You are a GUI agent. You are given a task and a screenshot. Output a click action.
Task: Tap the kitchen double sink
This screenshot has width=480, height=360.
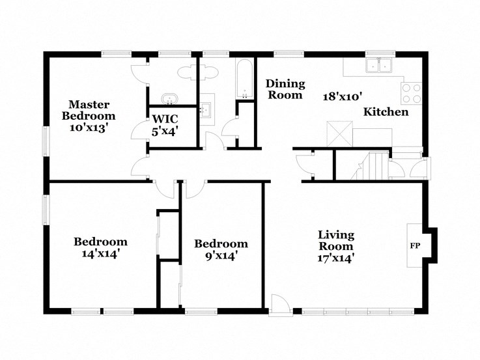pyautogui.click(x=378, y=64)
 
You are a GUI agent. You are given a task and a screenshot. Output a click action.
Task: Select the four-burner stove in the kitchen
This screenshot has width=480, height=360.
pyautogui.click(x=412, y=94)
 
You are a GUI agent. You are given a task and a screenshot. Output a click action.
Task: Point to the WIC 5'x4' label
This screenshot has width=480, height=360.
pyautogui.click(x=165, y=125)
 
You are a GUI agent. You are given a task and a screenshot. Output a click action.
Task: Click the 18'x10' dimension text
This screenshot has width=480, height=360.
pyautogui.click(x=342, y=96)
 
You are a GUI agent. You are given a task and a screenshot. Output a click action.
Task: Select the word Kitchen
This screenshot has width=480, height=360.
pyautogui.click(x=386, y=112)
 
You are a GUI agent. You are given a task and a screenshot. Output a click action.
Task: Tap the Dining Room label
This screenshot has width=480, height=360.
pyautogui.click(x=284, y=89)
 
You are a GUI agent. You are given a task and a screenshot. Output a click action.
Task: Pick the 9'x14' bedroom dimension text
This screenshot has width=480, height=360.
pyautogui.click(x=221, y=256)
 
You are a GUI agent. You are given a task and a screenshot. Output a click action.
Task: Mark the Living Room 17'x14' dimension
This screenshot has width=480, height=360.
pyautogui.click(x=335, y=258)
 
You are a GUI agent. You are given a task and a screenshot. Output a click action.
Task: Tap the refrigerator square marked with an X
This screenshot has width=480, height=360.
pyautogui.click(x=339, y=133)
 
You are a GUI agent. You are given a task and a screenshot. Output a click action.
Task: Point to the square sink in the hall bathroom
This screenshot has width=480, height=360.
pyautogui.click(x=207, y=109)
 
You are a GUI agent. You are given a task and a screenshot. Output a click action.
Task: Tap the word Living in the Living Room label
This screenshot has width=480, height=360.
pyautogui.click(x=335, y=235)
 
